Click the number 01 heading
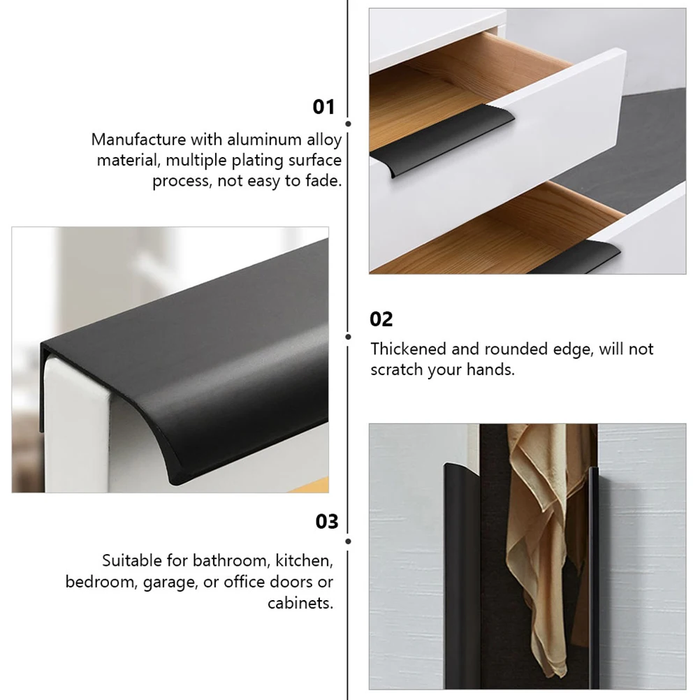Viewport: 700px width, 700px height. (x=323, y=107)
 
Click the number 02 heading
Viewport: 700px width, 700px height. (x=381, y=319)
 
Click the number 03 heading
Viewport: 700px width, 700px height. (x=326, y=522)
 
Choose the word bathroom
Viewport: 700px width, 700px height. (x=229, y=560)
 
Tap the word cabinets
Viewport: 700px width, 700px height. (x=300, y=603)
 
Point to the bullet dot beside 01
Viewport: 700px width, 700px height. (x=349, y=124)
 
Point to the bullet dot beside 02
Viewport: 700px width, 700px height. (x=349, y=336)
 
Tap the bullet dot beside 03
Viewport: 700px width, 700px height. (x=349, y=541)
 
